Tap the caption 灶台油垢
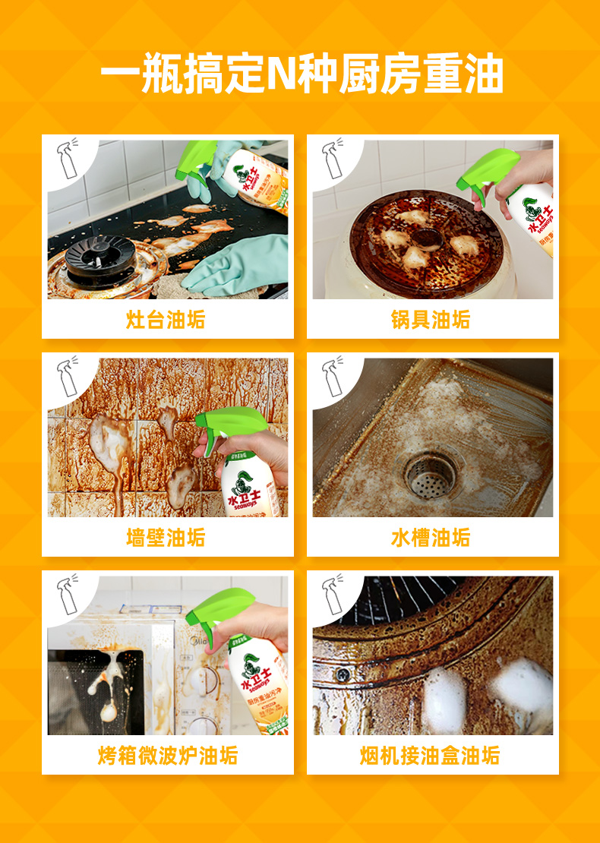(166, 320)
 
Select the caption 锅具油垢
(431, 320)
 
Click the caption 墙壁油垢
(166, 538)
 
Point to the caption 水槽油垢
(431, 538)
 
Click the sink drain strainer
(431, 476)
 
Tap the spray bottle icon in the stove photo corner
(68, 159)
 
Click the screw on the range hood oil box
(343, 674)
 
